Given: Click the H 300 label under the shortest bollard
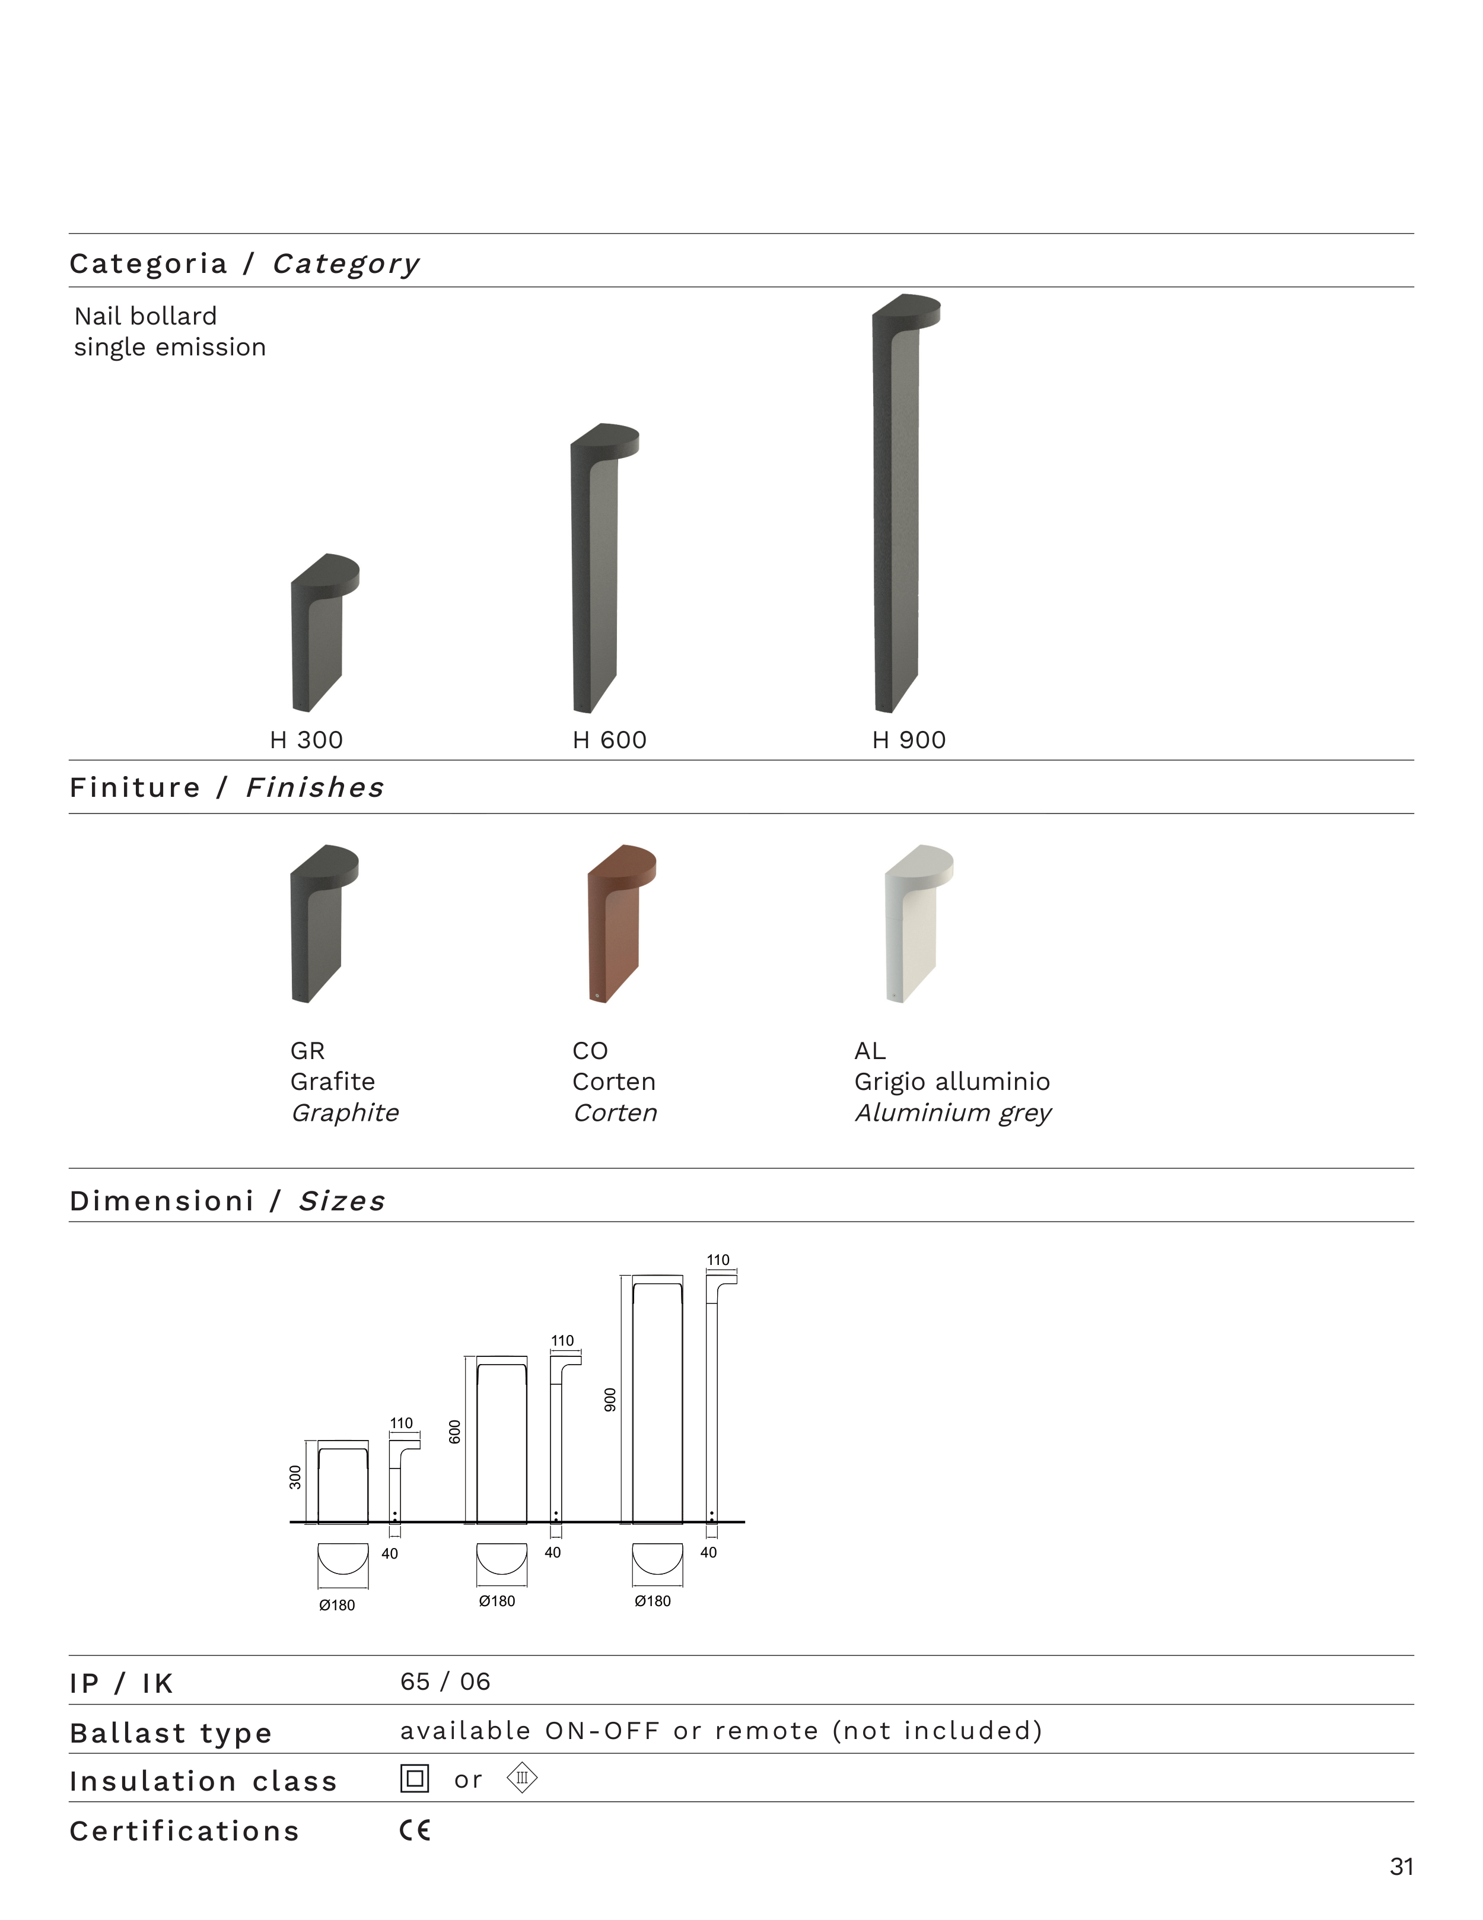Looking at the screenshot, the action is (x=306, y=740).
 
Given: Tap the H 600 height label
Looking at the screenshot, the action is (x=609, y=740).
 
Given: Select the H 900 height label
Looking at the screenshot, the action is (x=909, y=740).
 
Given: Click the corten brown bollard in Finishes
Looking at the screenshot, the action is (x=622, y=924).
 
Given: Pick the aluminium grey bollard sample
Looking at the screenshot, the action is (x=919, y=924).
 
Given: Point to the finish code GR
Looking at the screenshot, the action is (x=308, y=1051).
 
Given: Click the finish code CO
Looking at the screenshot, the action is (x=590, y=1051).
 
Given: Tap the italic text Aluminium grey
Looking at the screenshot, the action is (x=953, y=1113).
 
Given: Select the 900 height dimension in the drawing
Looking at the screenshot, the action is (x=610, y=1400).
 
